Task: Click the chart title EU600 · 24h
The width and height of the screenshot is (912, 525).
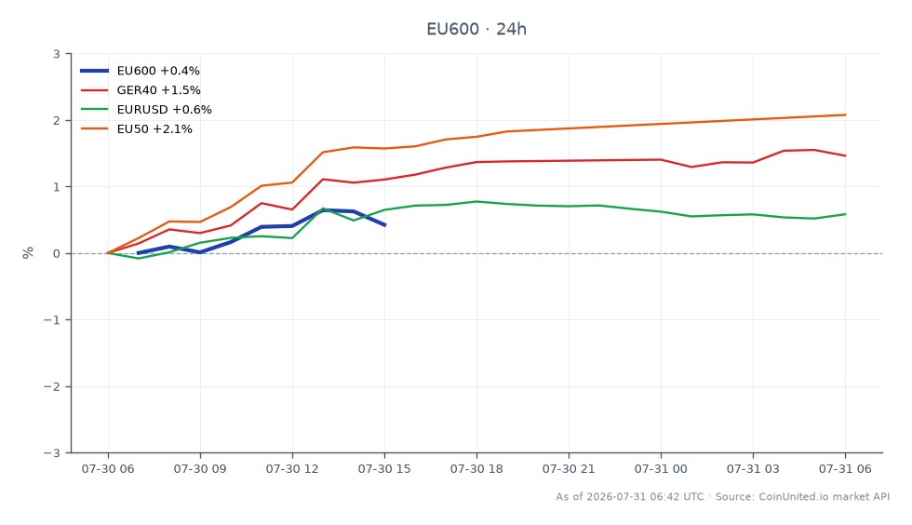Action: tap(476, 29)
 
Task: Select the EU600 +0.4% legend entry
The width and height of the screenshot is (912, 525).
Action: tap(140, 71)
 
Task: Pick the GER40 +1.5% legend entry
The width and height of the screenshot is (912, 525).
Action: tap(141, 90)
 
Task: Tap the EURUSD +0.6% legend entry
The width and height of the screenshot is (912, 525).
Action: tap(146, 110)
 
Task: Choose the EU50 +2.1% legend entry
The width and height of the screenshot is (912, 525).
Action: tap(136, 128)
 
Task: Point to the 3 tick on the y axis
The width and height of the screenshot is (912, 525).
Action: tap(57, 54)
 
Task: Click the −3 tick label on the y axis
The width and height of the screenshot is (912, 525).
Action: tap(52, 452)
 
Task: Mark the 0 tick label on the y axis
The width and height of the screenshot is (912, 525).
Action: tap(57, 254)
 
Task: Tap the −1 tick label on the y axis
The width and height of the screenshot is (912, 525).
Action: tap(52, 320)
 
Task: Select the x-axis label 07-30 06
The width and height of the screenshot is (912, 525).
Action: tap(108, 468)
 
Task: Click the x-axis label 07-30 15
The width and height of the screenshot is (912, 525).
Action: tap(384, 468)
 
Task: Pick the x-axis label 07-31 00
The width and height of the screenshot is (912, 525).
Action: tap(661, 468)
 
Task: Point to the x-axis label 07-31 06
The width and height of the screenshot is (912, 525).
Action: tap(845, 468)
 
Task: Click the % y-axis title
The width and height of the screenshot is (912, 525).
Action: tap(27, 252)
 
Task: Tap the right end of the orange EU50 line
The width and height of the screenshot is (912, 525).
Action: tap(845, 114)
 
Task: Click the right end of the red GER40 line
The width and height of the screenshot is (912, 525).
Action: tap(845, 155)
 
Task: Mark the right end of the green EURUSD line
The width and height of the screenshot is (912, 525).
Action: tap(845, 214)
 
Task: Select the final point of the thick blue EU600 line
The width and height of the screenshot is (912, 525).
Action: tap(384, 224)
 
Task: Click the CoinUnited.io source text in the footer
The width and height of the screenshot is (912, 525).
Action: tap(794, 496)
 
